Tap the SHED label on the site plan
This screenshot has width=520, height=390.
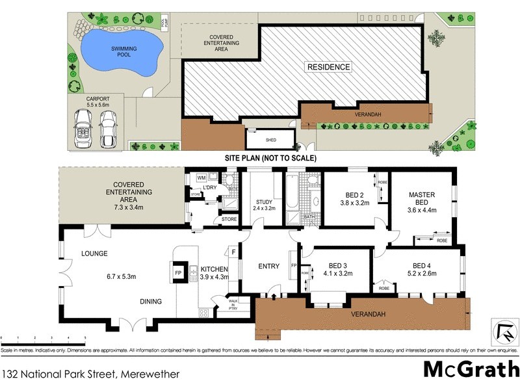tap(270, 139)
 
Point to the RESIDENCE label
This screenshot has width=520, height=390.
tap(328, 67)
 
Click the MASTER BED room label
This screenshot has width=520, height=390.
tap(421, 198)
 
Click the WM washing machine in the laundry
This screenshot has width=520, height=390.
tap(201, 177)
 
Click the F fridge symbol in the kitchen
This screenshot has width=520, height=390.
tap(232, 252)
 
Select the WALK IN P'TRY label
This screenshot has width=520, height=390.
tap(233, 304)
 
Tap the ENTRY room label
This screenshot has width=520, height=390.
tap(268, 266)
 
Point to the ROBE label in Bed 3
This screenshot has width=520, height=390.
tap(305, 273)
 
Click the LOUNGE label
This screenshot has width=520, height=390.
tap(94, 253)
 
